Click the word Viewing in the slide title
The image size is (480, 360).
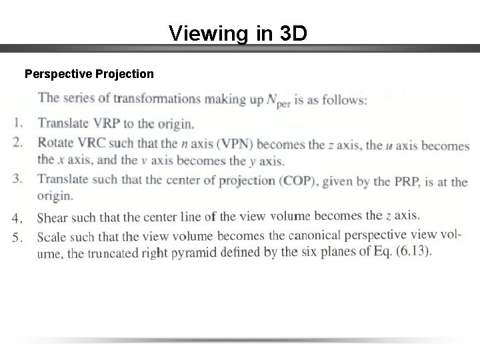tap(197, 33)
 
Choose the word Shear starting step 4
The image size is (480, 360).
tap(52, 217)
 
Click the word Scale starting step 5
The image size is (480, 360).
tap(52, 236)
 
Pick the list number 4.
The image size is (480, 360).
tap(18, 217)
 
